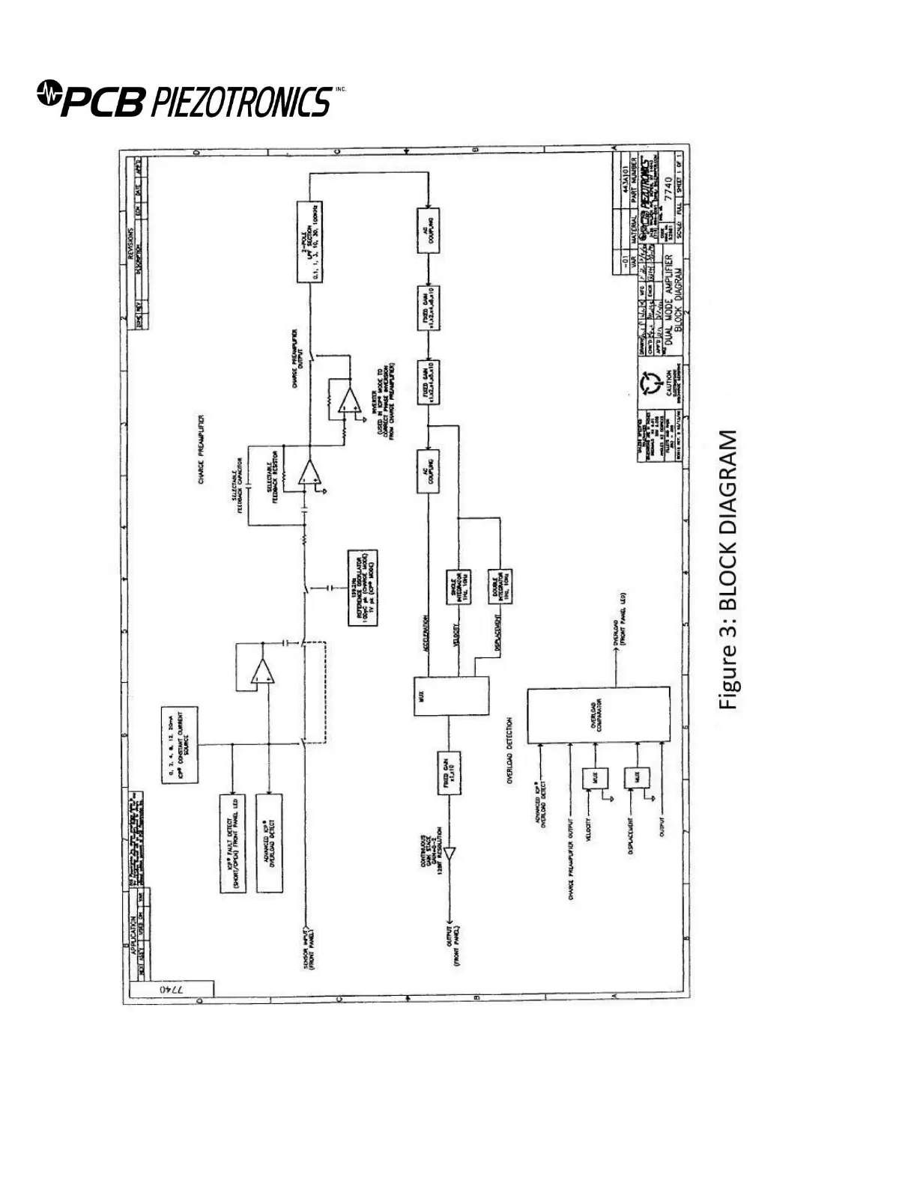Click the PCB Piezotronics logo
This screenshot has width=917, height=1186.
[184, 100]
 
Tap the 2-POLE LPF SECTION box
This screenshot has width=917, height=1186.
[309, 241]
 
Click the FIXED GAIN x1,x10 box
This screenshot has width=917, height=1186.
[449, 781]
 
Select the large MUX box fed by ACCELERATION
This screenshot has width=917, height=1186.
[451, 696]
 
